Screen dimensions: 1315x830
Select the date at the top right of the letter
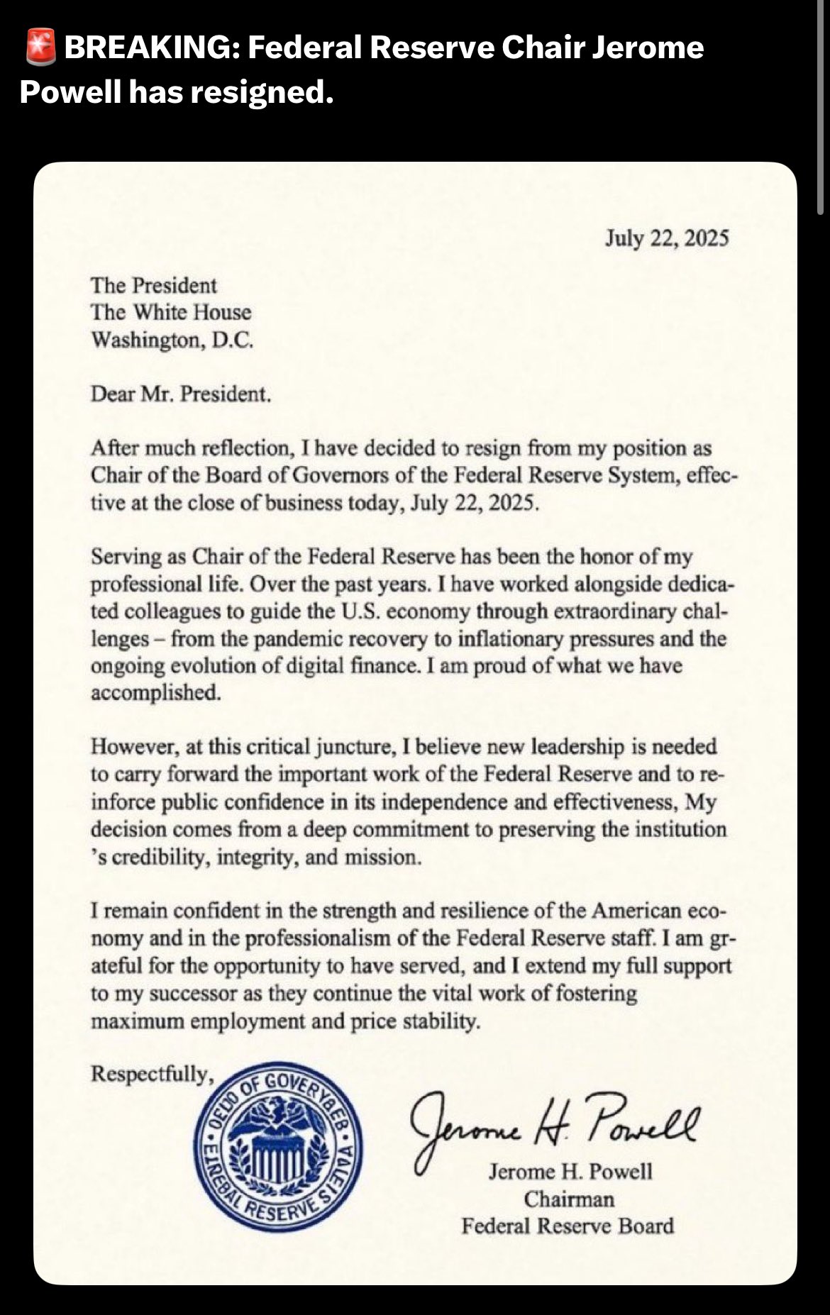click(667, 238)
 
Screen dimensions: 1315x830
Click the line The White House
click(171, 313)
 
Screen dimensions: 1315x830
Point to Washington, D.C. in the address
click(172, 340)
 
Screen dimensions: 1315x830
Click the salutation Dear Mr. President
click(181, 394)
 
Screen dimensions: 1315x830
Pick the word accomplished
click(156, 693)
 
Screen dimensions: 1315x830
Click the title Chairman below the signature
click(569, 1199)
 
